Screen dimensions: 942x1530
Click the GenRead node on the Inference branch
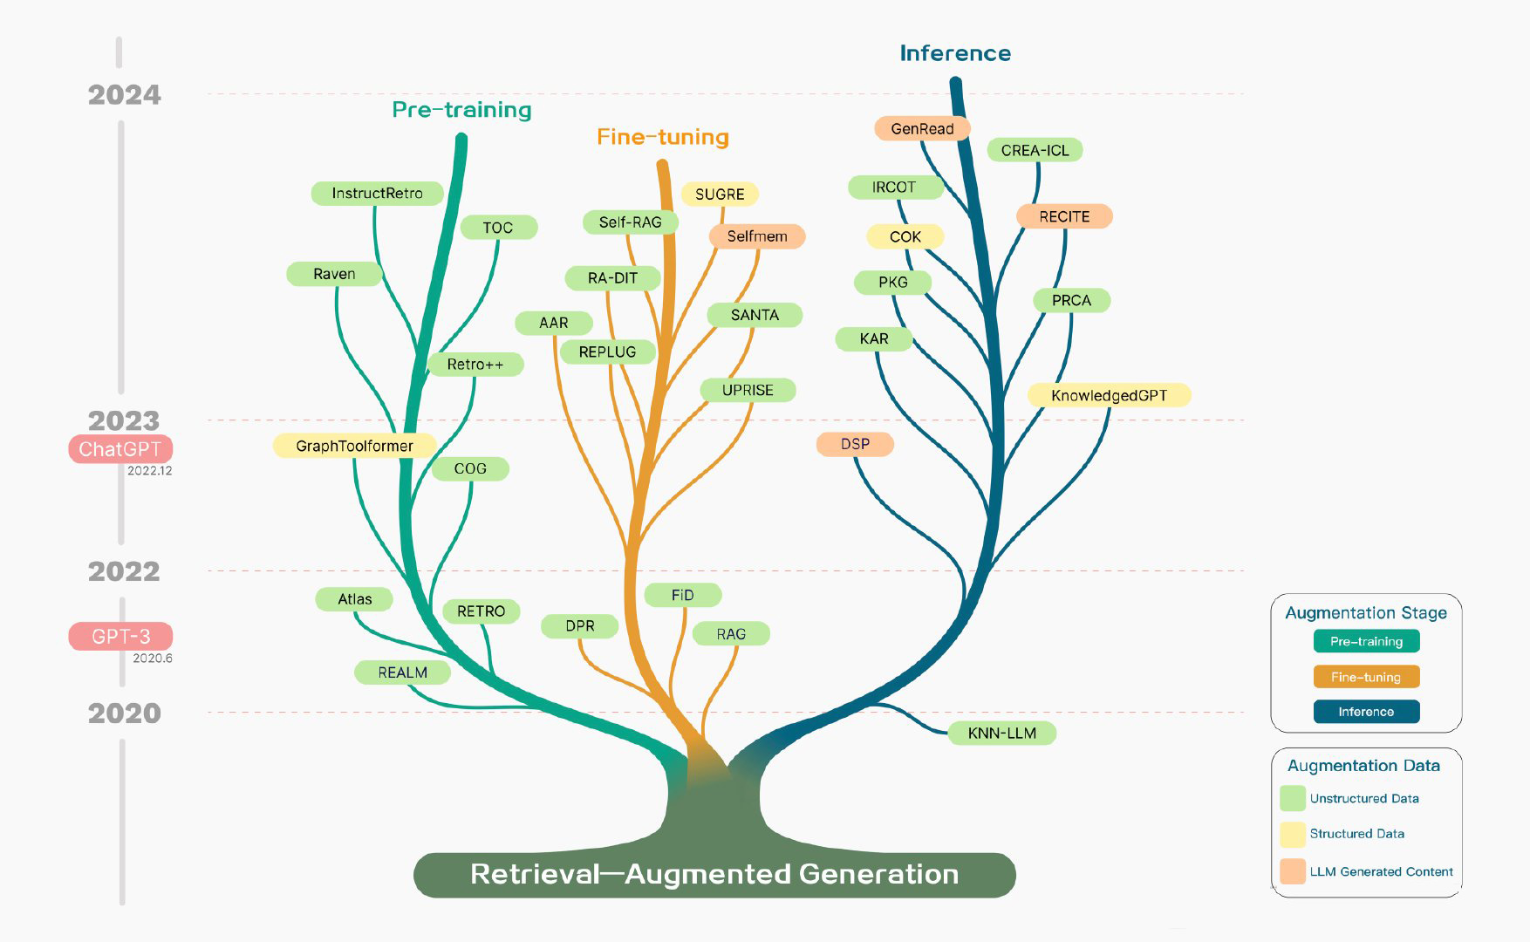(922, 129)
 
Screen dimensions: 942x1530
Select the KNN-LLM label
(1001, 734)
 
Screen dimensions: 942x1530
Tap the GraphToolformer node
(354, 446)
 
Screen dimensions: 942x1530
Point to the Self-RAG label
(630, 222)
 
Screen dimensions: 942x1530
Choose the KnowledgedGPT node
(1109, 395)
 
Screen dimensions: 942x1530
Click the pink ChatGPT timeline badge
(120, 449)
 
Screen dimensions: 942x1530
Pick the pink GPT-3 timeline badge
(120, 637)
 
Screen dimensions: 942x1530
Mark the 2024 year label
(125, 95)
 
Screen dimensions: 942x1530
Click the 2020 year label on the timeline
(125, 713)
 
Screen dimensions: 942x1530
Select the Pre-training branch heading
(461, 110)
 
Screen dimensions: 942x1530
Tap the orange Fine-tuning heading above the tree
(663, 137)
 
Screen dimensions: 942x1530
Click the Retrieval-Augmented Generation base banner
(714, 874)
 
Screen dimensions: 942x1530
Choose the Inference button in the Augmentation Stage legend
(1366, 712)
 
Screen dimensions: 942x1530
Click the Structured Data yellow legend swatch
(1292, 834)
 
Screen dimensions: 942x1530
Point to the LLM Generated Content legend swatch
(1292, 871)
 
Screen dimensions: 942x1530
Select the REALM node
(402, 672)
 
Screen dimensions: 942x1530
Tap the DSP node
(855, 444)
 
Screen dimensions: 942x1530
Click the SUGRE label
(720, 194)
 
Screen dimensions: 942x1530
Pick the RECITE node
(1064, 216)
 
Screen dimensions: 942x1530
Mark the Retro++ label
(475, 365)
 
